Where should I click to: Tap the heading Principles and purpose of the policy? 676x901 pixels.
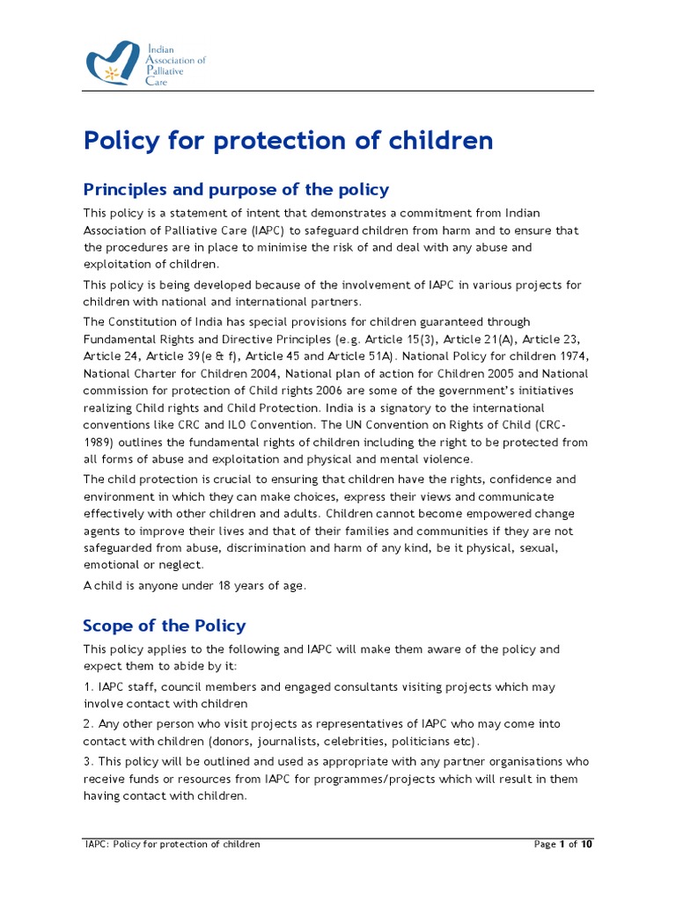(x=236, y=190)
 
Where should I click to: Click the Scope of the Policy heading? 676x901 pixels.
(x=164, y=626)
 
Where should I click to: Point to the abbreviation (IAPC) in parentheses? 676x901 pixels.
(x=268, y=231)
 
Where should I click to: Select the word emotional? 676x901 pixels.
(x=110, y=565)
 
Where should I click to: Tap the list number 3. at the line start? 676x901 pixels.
(x=88, y=761)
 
